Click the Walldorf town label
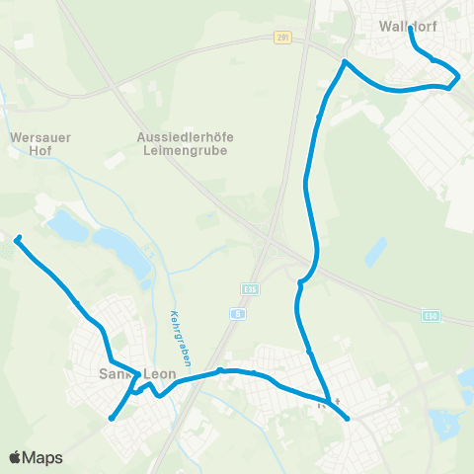[408, 28]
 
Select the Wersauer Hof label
[30, 144]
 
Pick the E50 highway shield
[430, 316]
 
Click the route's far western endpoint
[17, 238]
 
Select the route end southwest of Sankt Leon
[112, 418]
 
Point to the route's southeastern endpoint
[348, 419]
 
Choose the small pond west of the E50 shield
[374, 252]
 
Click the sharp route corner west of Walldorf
[344, 62]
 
